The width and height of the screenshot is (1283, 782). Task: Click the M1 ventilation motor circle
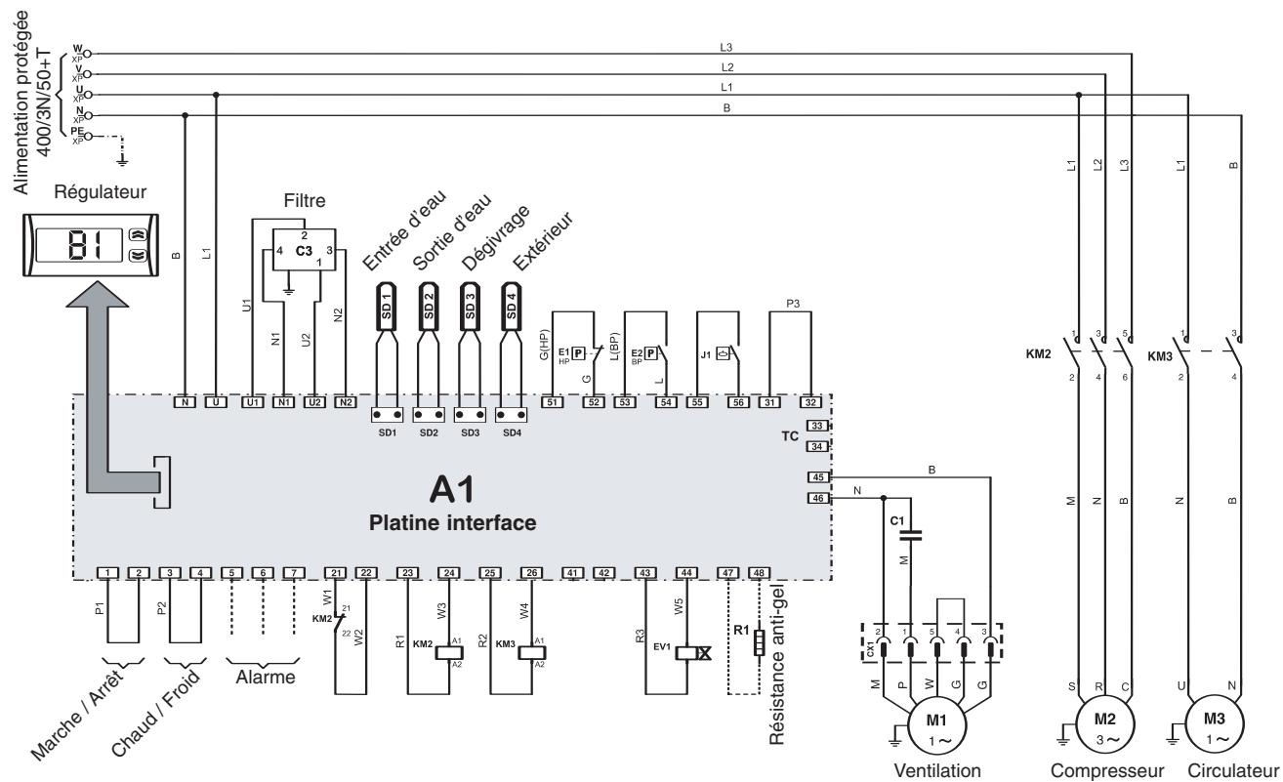936,724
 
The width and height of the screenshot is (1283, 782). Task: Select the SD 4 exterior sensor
510,303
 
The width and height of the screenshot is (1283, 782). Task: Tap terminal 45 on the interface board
817,477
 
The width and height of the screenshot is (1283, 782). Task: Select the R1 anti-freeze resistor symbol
759,644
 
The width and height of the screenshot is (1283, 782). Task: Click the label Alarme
263,679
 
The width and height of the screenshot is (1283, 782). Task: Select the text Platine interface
452,522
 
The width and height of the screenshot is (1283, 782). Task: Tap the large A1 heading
452,490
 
